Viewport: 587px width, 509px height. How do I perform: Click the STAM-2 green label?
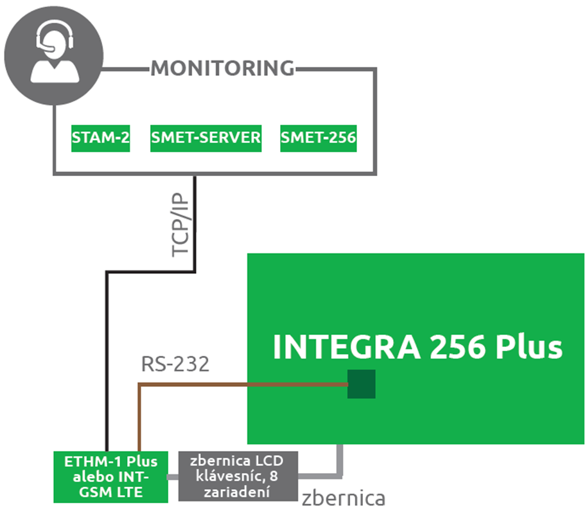[x=101, y=138]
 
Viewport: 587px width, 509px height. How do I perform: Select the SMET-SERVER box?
[x=206, y=138]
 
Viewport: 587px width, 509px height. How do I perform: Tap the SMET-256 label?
[x=318, y=138]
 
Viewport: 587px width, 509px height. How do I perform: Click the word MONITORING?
[x=222, y=68]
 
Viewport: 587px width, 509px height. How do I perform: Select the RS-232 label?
[x=175, y=364]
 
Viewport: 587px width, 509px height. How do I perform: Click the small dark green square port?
[x=361, y=384]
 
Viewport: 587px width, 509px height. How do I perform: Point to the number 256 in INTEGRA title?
[x=460, y=348]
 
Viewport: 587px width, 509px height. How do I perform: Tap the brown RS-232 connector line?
[x=244, y=384]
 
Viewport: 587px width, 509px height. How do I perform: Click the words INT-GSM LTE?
[x=111, y=485]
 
